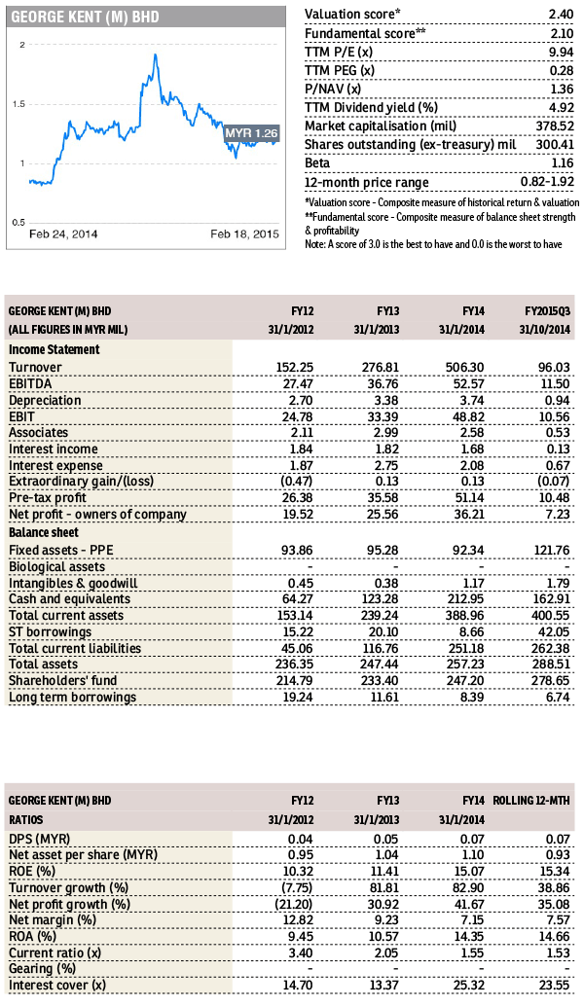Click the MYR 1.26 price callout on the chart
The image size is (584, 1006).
251,133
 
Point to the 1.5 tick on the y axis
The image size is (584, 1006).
18,104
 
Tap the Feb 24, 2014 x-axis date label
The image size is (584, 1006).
63,234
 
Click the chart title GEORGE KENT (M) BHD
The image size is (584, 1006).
85,17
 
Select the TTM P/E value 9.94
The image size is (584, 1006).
561,52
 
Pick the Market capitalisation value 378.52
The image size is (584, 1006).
555,126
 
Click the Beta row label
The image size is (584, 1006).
317,162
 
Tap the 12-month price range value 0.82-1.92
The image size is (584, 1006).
547,182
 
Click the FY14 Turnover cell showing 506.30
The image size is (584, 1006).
464,368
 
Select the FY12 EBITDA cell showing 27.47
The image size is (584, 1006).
298,383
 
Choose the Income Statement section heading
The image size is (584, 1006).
54,349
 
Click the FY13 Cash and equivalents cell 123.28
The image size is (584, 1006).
380,599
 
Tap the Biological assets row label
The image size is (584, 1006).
56,567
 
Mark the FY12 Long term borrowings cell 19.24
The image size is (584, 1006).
298,698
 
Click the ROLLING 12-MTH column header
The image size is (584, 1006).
531,801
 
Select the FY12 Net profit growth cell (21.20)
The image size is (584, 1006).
294,905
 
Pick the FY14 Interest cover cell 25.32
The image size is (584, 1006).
468,986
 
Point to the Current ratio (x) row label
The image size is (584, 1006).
55,953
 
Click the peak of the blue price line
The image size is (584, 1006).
156,55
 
